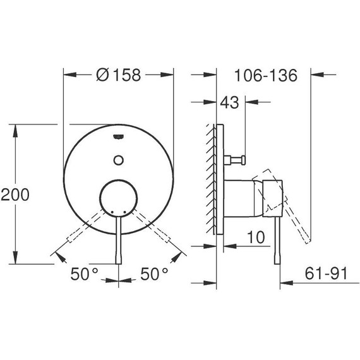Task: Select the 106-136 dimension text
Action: pos(265,75)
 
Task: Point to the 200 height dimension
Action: pos(15,194)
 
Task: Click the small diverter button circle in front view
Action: pos(118,159)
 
